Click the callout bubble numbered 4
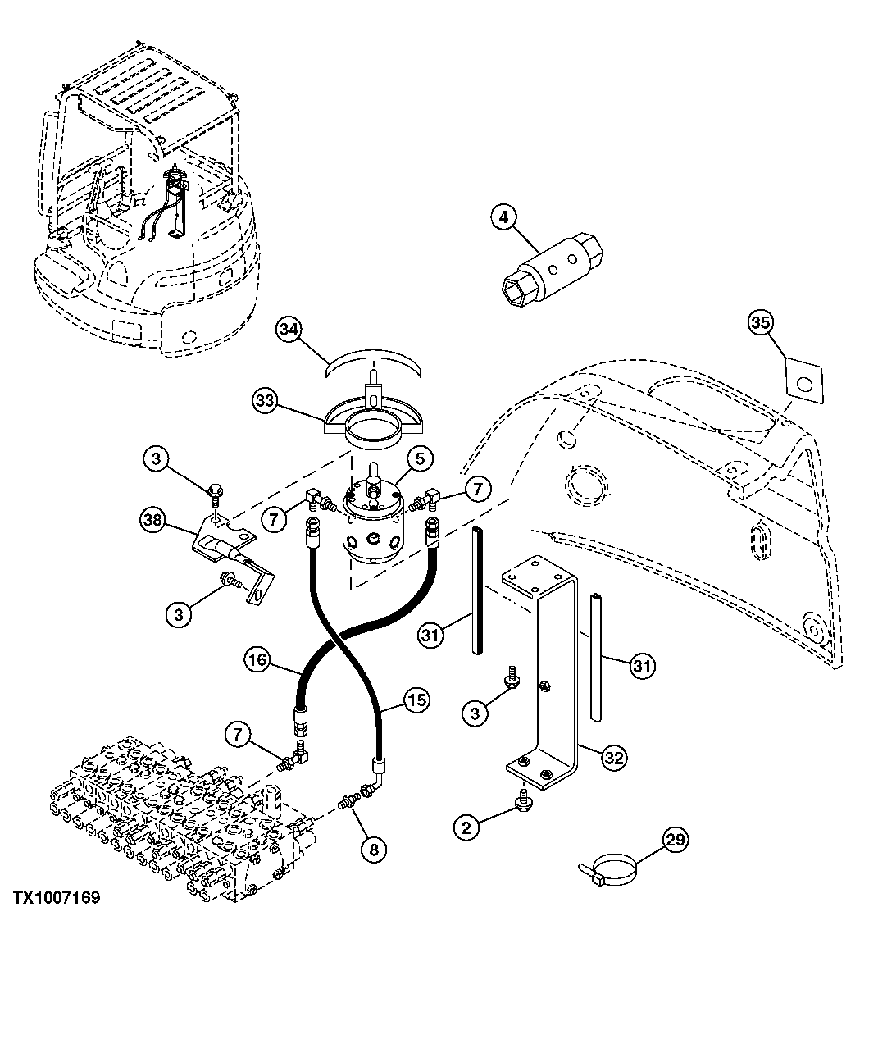[504, 218]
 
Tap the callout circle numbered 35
[761, 324]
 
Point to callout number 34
[287, 330]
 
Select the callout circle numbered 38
[153, 519]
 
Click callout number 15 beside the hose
[417, 700]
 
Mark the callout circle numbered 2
[466, 827]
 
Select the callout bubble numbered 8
[373, 850]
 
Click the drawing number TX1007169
[56, 898]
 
